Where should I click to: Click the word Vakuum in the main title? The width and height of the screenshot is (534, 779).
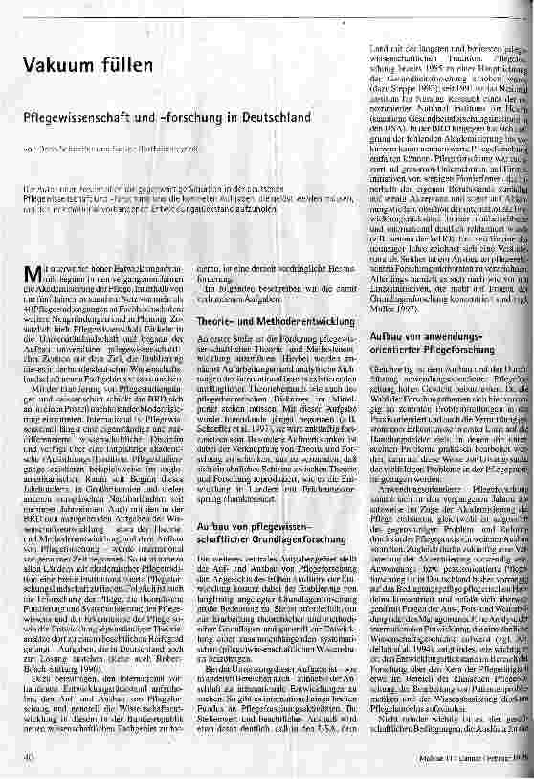[59, 66]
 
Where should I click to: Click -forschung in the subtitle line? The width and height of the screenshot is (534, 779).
[206, 115]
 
